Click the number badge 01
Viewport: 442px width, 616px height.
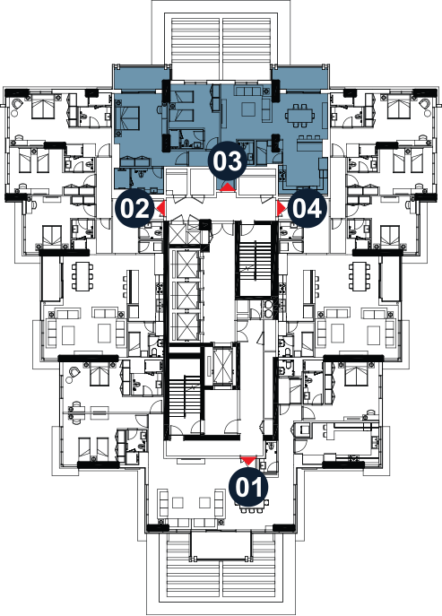point(248,487)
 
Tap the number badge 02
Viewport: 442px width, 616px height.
point(135,209)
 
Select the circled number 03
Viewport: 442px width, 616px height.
point(228,161)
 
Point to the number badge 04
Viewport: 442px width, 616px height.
point(308,209)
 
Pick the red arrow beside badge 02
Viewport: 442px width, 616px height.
point(161,209)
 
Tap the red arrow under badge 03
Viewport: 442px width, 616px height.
point(228,187)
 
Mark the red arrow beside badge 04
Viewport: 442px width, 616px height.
point(282,209)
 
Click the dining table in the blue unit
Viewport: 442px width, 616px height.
point(300,116)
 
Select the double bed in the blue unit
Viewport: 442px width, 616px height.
point(127,117)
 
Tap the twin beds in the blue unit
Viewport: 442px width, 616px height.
point(181,105)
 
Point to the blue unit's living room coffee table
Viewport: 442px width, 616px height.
point(248,108)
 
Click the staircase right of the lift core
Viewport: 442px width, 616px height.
point(255,260)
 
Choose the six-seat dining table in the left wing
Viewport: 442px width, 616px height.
point(82,277)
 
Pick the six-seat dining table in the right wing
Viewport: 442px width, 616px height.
point(360,277)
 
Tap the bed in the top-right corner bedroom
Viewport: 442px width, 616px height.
point(399,106)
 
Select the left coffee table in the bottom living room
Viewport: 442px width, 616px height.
point(178,503)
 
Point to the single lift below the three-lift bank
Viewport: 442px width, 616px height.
point(222,365)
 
